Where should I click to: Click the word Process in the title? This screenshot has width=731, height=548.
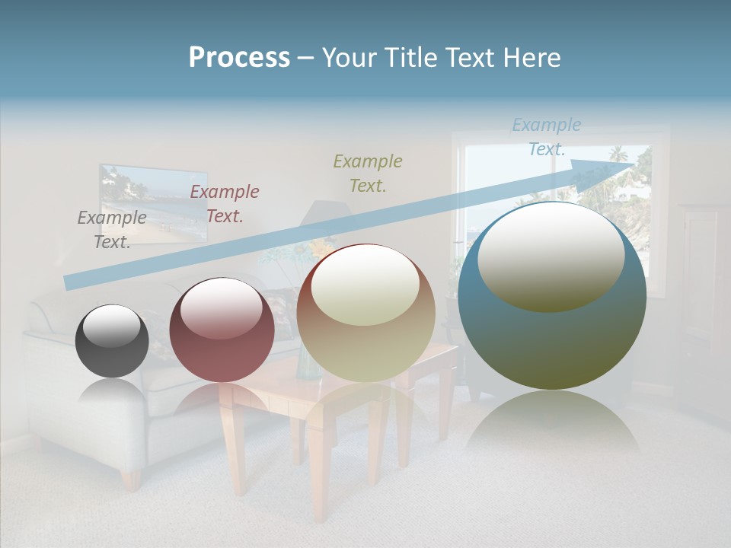pyautogui.click(x=239, y=58)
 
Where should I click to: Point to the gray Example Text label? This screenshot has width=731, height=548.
pyautogui.click(x=112, y=229)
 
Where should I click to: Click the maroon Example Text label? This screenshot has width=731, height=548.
pyautogui.click(x=225, y=203)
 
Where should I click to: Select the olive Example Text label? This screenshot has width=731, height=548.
pyautogui.click(x=368, y=173)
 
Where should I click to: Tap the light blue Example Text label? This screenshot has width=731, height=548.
pyautogui.click(x=546, y=137)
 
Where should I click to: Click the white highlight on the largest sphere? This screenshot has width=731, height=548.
pyautogui.click(x=551, y=256)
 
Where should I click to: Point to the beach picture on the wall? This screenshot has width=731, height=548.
pyautogui.click(x=153, y=204)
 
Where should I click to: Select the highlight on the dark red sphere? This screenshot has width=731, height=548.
pyautogui.click(x=222, y=309)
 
